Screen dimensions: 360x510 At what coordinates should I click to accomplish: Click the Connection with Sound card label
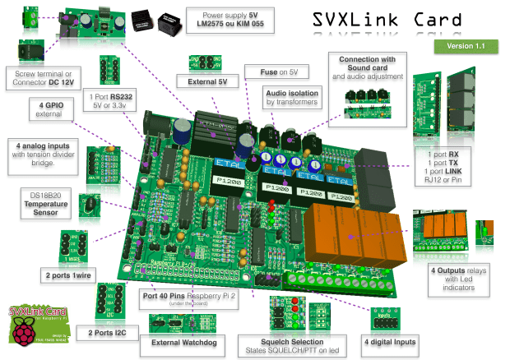[x=366, y=65]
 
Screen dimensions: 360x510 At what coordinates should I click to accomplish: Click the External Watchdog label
[x=174, y=342]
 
